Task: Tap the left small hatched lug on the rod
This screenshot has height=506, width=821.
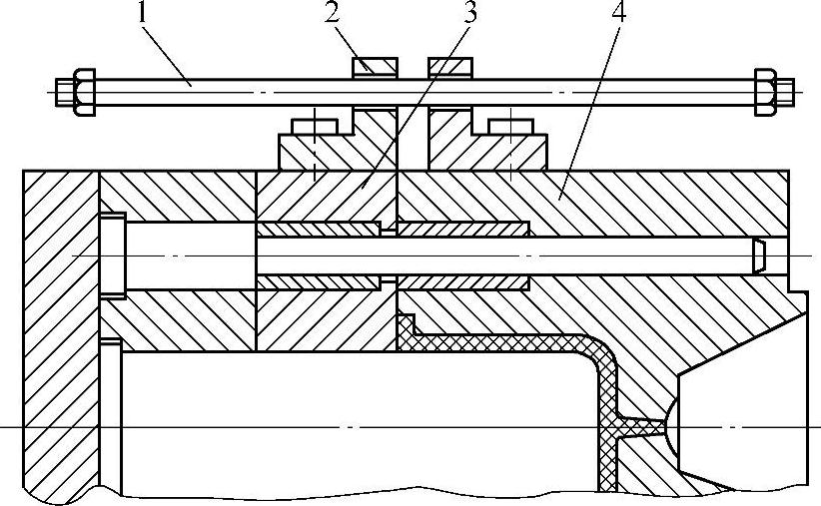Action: (376, 66)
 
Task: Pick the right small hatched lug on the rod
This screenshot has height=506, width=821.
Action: (449, 66)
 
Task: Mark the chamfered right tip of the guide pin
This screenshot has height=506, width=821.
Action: (760, 255)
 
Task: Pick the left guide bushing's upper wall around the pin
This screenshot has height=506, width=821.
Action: (319, 229)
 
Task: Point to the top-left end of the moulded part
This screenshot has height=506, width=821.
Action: (405, 323)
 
